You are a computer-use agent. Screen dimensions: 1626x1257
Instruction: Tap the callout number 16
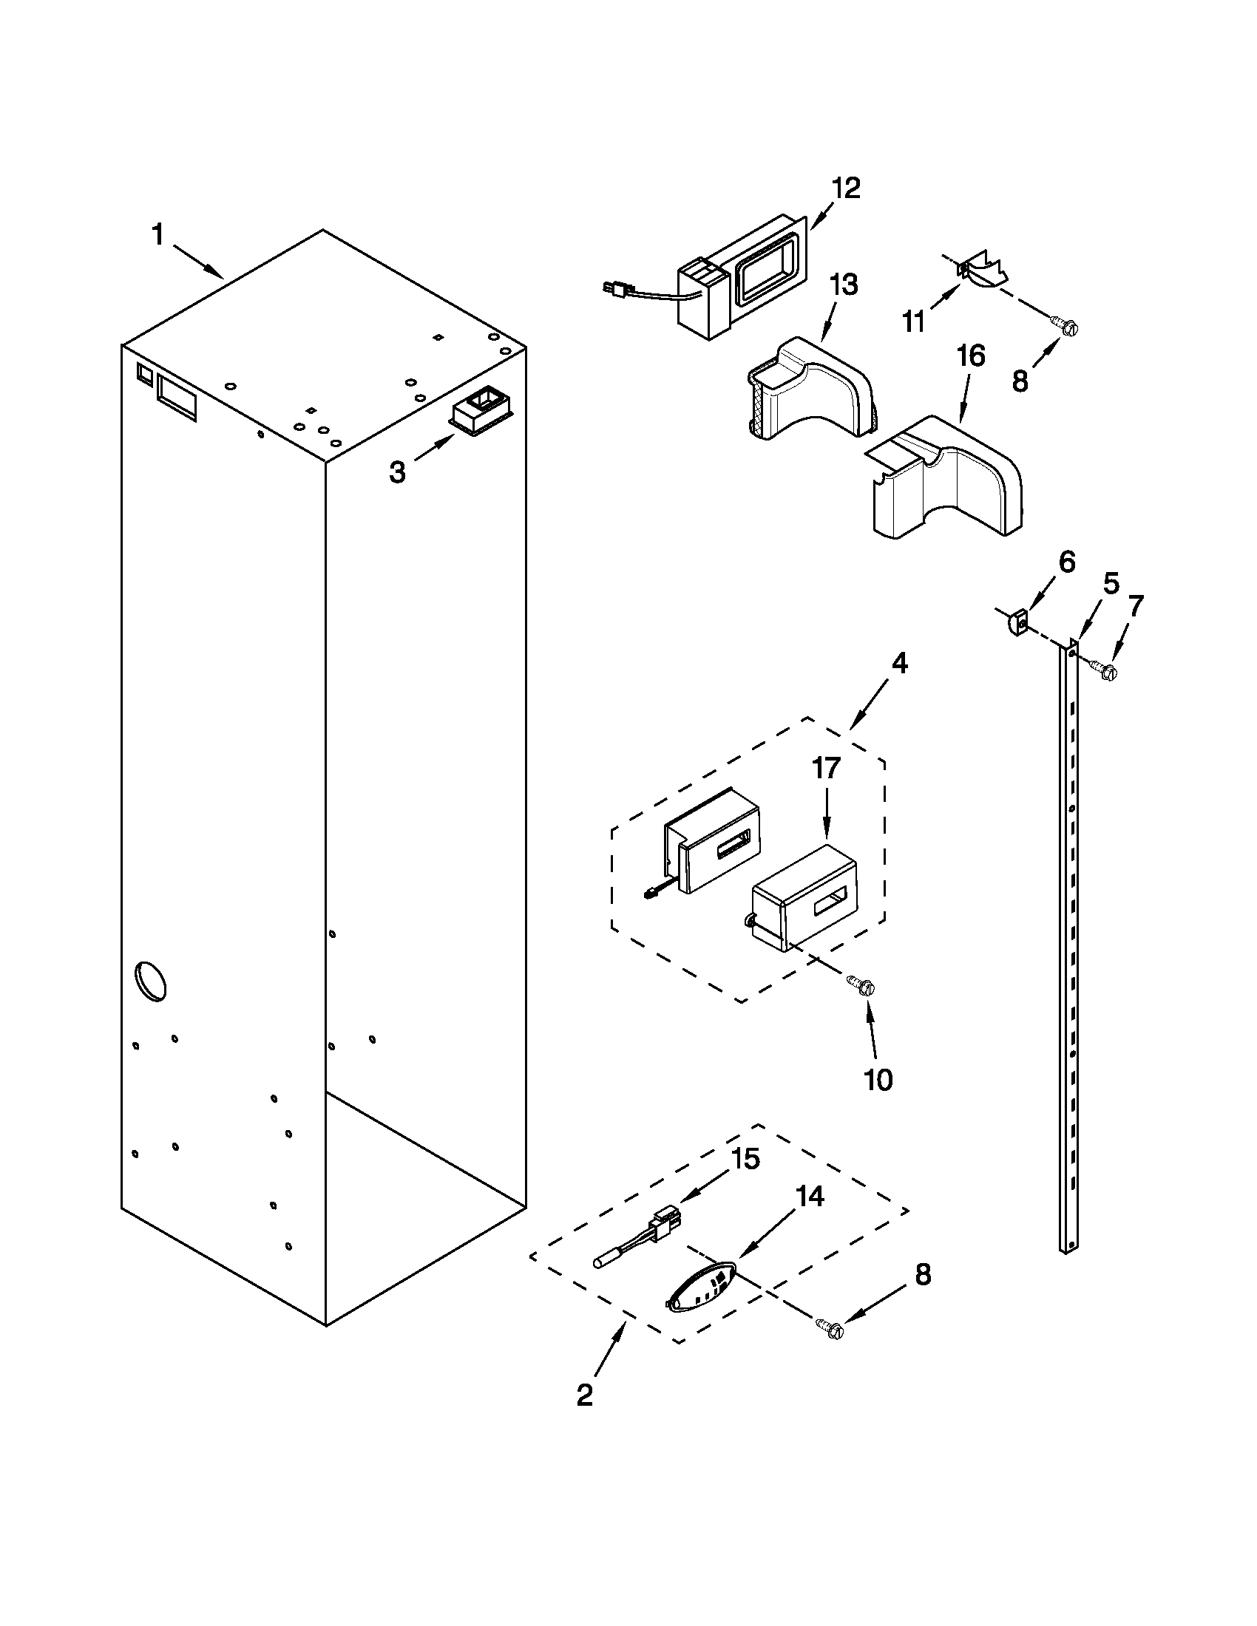pos(970,356)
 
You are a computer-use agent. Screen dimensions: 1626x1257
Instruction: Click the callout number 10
pos(878,1080)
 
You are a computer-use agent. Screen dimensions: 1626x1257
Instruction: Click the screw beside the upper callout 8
pos(1064,326)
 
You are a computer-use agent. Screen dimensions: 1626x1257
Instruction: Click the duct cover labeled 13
pos(812,391)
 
